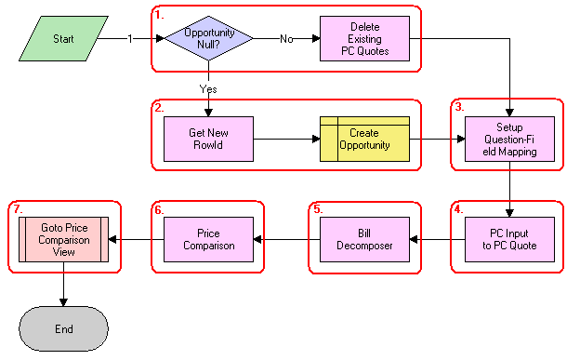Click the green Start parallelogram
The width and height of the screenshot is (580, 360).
tap(63, 40)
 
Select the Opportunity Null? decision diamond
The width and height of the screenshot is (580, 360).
tap(208, 39)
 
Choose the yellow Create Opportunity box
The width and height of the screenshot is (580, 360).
tap(364, 140)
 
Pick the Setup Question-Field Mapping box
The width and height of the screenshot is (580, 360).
tap(509, 140)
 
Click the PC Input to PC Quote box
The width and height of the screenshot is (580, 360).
tap(509, 239)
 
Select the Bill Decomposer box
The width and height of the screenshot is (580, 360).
tap(364, 239)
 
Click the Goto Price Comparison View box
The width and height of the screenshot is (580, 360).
tap(63, 239)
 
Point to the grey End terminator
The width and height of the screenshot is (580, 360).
tap(63, 327)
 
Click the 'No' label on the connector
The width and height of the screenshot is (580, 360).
tap(286, 39)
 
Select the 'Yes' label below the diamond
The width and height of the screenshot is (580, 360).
tap(208, 88)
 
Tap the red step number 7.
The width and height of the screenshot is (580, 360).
tap(17, 208)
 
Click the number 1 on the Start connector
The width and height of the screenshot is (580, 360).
tap(130, 39)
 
